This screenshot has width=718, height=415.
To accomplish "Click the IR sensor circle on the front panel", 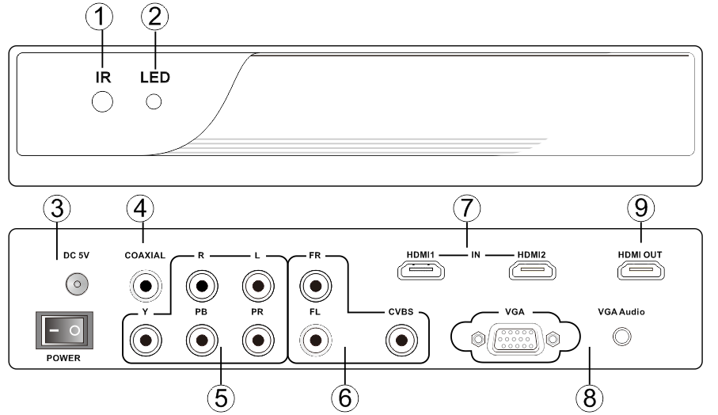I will [102, 102].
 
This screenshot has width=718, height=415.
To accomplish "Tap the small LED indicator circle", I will [154, 102].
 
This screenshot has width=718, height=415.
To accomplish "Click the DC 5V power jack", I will [78, 283].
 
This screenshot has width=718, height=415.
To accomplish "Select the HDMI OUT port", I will [640, 272].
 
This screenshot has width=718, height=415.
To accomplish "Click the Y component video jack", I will [146, 341].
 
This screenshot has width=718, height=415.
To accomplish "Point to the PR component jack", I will [256, 341].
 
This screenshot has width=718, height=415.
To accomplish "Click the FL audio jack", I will [315, 341].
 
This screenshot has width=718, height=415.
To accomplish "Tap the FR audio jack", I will [315, 284].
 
